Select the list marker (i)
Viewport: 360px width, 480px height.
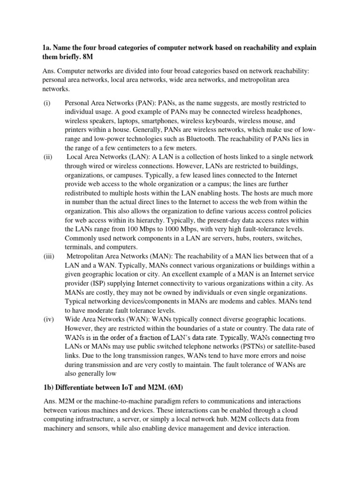46,103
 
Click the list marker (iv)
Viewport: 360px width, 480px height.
47,318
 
